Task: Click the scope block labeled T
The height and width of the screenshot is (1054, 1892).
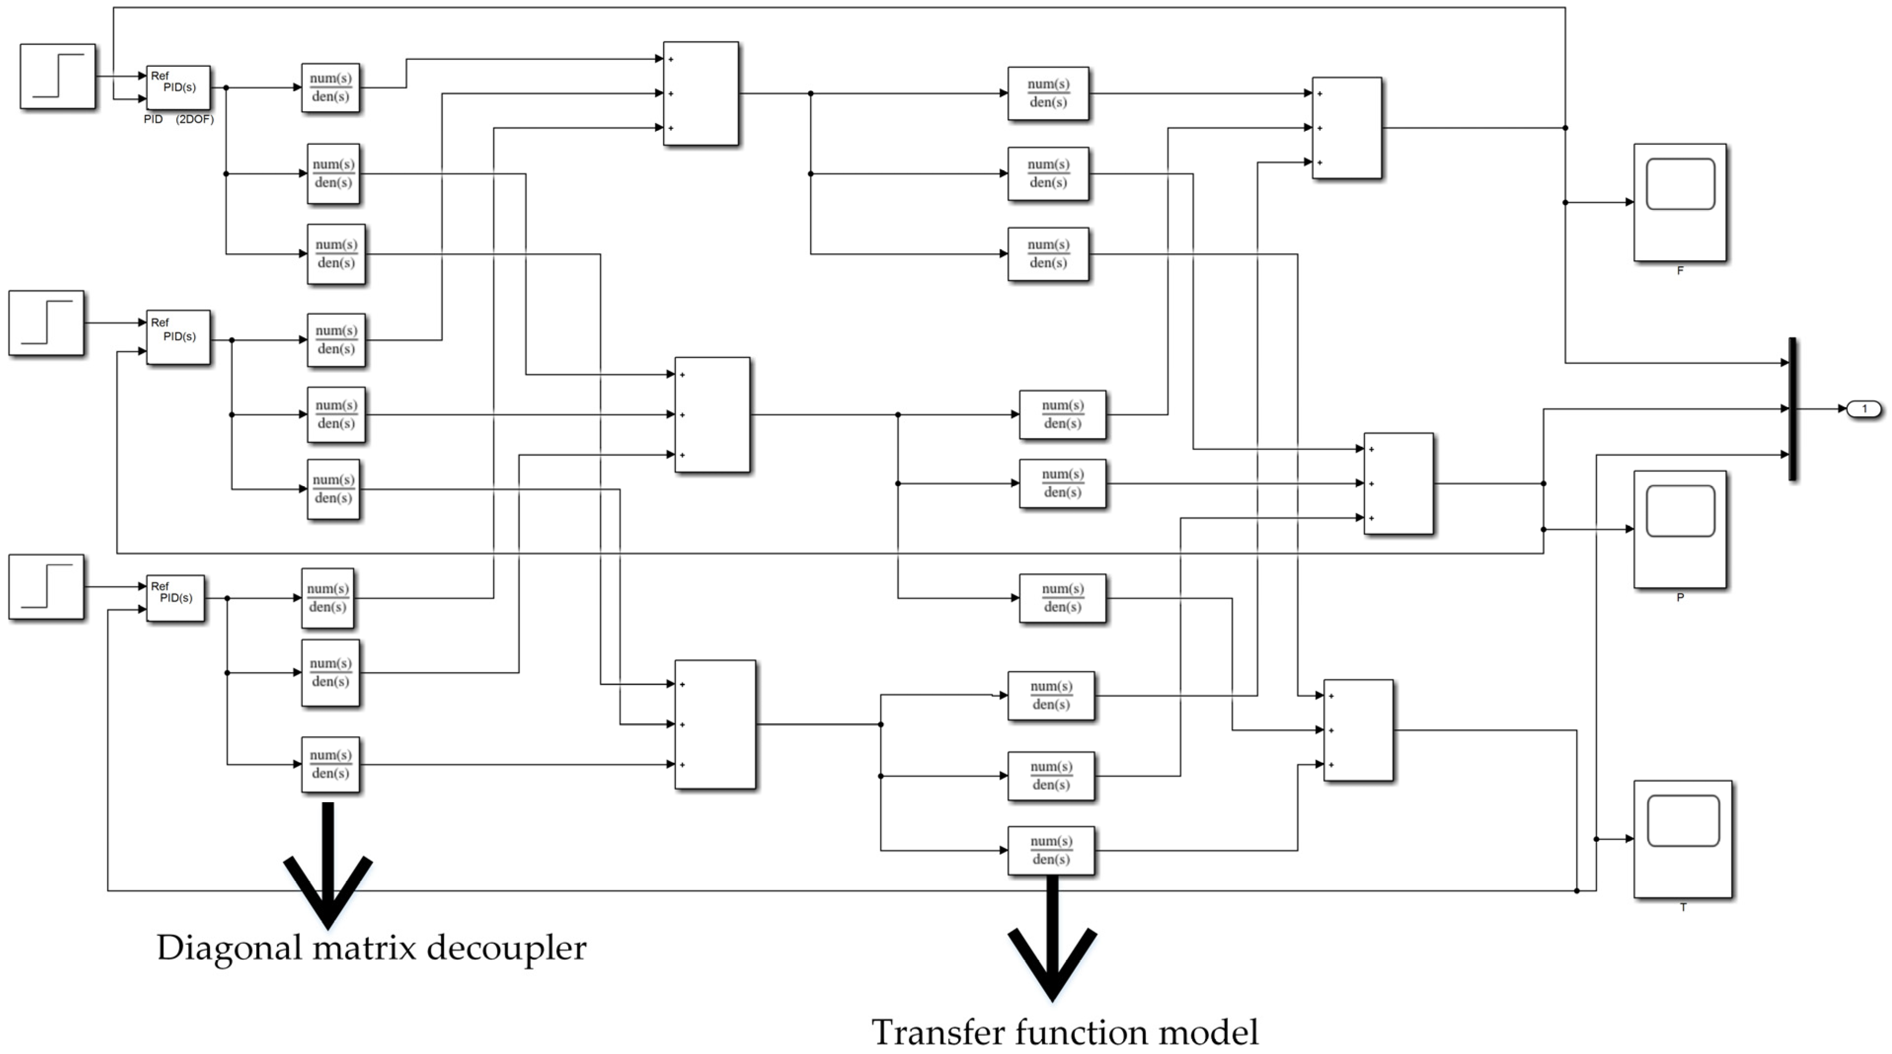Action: coord(1682,839)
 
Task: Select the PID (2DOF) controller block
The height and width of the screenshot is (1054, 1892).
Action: coord(179,87)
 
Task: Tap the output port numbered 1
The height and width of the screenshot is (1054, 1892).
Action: coord(1864,409)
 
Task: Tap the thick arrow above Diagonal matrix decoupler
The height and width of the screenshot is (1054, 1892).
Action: coord(328,867)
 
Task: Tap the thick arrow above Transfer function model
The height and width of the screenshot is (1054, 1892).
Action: coord(1052,940)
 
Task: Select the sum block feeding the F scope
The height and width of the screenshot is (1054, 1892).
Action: coord(1346,128)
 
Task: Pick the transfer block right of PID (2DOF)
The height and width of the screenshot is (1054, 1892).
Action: coord(331,87)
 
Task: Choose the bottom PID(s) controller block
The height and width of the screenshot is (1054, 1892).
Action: coord(176,598)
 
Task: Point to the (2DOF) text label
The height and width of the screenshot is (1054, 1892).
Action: coord(194,119)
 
